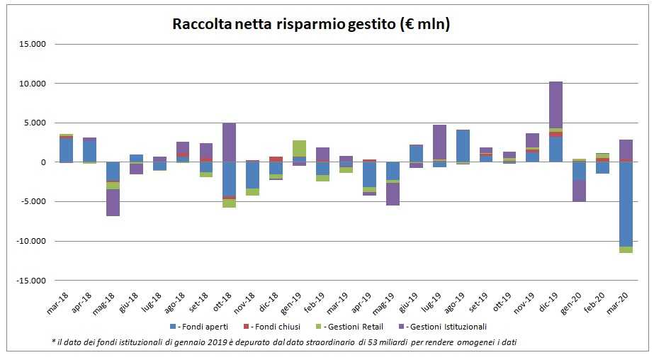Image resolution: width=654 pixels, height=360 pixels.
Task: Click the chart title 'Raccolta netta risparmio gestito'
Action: coord(312,24)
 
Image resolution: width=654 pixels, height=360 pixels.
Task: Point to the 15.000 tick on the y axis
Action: coord(31,44)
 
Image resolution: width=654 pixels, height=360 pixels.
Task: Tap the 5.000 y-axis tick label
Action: coord(33,123)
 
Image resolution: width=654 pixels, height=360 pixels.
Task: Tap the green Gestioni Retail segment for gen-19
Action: coord(299,148)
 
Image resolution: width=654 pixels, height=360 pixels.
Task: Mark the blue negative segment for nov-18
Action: coord(252,175)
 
